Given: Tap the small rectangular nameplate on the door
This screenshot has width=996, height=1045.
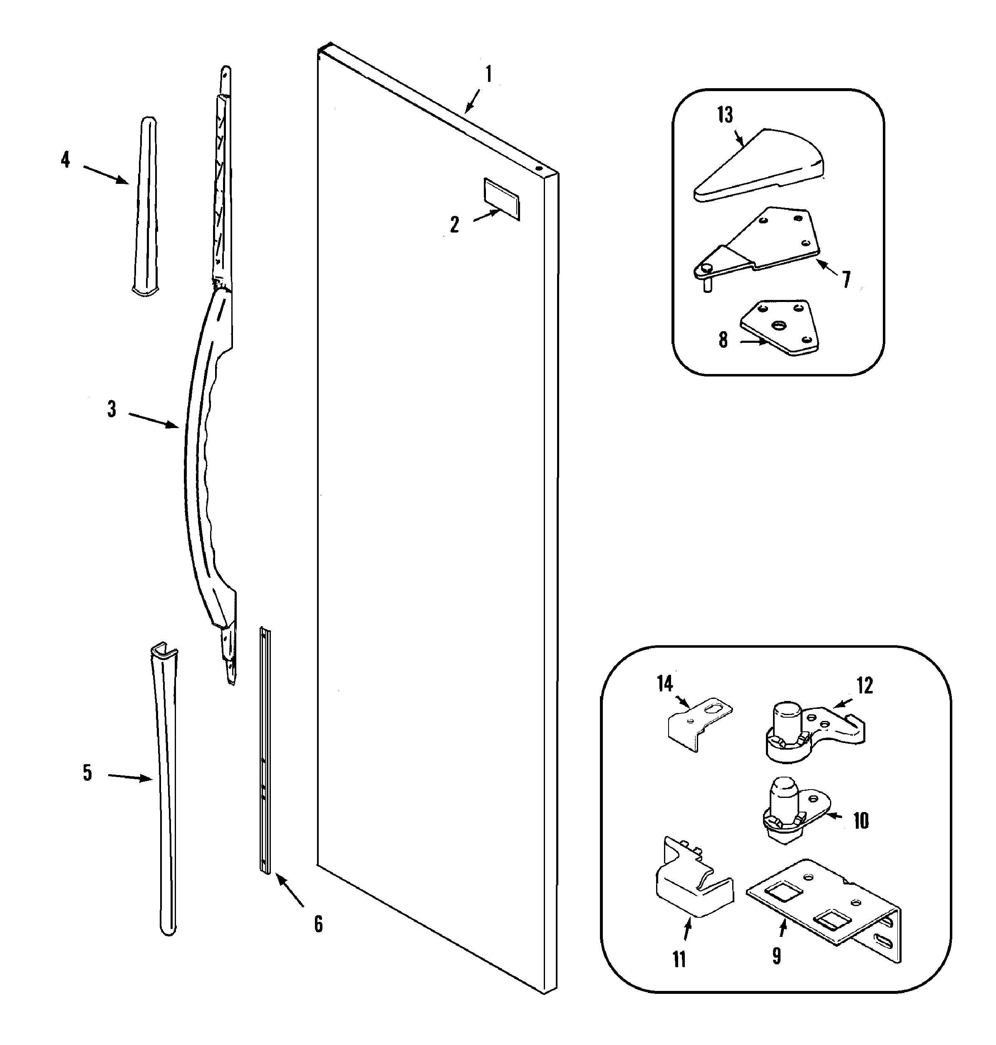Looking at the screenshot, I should pyautogui.click(x=501, y=198).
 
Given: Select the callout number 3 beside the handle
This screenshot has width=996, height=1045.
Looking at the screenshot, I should pyautogui.click(x=111, y=409).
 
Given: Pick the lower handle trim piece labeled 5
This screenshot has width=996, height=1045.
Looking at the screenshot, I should pyautogui.click(x=166, y=797).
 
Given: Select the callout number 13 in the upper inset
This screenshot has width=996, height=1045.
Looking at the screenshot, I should pyautogui.click(x=725, y=115).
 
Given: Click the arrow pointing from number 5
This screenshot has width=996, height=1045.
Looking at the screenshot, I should pyautogui.click(x=130, y=778).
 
